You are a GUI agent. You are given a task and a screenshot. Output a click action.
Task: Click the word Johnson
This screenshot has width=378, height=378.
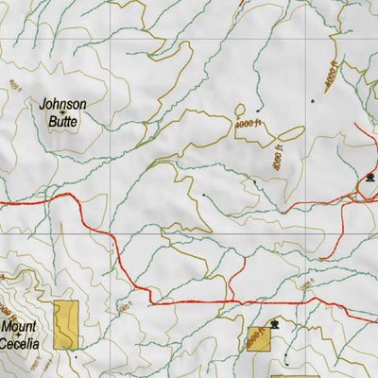[63, 104]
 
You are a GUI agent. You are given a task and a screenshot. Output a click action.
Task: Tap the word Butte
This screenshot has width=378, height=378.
[63, 120]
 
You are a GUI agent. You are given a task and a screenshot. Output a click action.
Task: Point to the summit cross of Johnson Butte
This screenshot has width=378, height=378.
[63, 112]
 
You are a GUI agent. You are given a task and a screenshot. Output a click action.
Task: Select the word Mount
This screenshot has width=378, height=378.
[19, 328]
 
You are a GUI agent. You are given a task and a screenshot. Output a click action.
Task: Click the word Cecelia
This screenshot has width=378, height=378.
[20, 344]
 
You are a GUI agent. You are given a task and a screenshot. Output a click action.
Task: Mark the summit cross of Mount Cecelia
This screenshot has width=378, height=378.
[20, 336]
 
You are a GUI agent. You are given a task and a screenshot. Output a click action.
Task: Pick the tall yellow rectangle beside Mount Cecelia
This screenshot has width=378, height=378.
[65, 325]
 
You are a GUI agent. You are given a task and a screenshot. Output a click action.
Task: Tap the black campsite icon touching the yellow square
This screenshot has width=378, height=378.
[274, 325]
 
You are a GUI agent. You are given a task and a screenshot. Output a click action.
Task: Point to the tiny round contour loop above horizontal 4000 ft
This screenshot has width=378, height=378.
[241, 108]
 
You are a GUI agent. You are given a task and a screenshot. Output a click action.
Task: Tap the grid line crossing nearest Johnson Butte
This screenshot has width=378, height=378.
[112, 39]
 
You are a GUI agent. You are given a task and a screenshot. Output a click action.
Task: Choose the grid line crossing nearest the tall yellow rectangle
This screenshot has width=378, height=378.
[112, 232]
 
